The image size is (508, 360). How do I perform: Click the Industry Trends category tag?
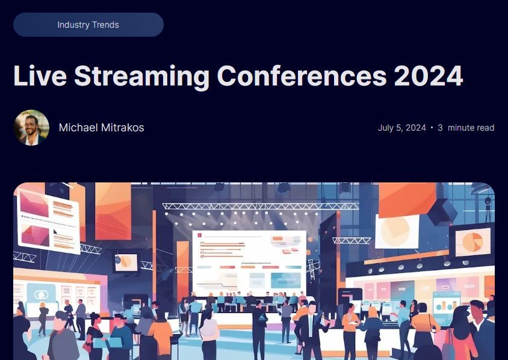point(88,25)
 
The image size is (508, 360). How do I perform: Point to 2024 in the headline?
point(429,76)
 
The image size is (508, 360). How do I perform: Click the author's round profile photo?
point(31,128)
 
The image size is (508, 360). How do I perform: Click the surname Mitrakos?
point(122,128)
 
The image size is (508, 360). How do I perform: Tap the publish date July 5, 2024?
point(401,128)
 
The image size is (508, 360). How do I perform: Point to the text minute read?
point(471,128)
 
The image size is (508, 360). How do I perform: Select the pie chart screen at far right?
point(472,241)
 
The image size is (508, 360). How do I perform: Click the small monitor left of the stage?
point(125,262)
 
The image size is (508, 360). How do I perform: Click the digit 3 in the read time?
point(440,128)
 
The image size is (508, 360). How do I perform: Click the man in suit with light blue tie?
point(309,331)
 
